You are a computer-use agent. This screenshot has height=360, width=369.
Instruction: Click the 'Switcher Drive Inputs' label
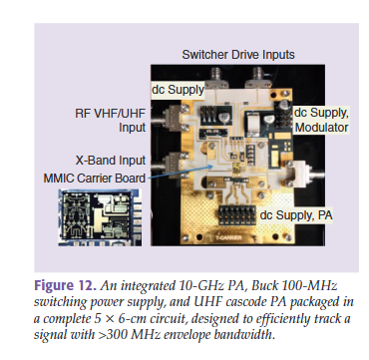[238, 55]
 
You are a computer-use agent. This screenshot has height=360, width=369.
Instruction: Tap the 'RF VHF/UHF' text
[111, 114]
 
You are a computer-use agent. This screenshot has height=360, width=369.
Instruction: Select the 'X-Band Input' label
[111, 161]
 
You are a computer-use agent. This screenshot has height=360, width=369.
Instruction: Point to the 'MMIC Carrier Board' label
[95, 179]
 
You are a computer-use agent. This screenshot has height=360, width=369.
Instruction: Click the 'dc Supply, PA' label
[296, 215]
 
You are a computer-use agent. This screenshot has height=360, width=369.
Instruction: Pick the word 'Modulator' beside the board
[321, 128]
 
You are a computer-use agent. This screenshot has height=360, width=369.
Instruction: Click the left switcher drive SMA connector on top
[216, 78]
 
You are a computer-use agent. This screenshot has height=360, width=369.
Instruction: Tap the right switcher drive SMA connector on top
[257, 78]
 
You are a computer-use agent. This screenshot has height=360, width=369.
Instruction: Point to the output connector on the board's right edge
[304, 174]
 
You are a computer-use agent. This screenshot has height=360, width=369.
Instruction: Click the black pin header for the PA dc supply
[238, 215]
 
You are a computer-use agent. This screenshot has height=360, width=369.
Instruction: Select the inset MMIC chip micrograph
[100, 217]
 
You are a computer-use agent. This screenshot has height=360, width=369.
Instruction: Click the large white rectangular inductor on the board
[253, 124]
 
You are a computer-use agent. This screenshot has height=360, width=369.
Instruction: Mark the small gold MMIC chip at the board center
[237, 166]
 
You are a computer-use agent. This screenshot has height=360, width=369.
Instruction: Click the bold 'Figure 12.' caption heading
[65, 285]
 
